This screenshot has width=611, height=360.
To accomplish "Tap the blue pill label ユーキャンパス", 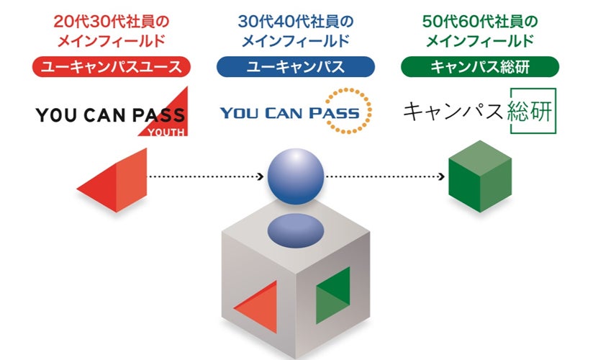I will (x=295, y=68).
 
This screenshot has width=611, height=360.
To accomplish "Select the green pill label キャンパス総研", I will (x=479, y=68).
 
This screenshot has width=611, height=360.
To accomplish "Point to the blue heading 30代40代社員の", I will (x=295, y=20).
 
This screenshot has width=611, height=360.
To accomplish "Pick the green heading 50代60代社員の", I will (x=479, y=20).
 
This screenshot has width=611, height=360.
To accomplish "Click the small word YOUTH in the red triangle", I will (x=170, y=131).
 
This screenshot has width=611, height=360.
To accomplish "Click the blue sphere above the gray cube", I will (x=294, y=175).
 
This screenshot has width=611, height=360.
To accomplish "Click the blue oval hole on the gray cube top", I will (x=294, y=230).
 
